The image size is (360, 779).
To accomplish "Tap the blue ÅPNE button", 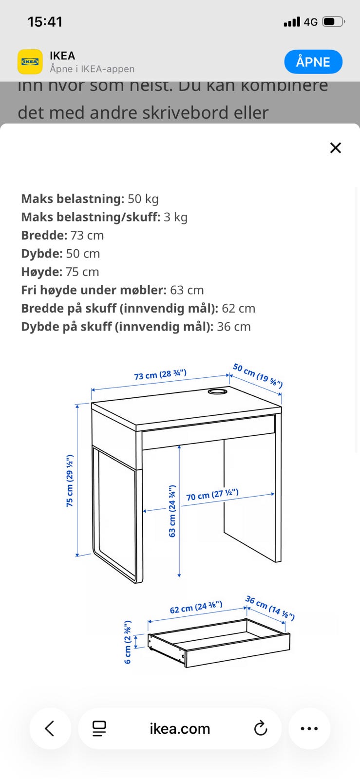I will pyautogui.click(x=313, y=62).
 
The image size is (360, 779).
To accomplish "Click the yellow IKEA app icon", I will pyautogui.click(x=30, y=62).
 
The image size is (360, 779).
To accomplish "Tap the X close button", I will pyautogui.click(x=336, y=148).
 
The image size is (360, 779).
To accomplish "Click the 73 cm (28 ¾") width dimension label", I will pyautogui.click(x=160, y=374).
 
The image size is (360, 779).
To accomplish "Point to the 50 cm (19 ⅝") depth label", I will pyautogui.click(x=258, y=375).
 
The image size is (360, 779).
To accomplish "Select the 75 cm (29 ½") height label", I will pyautogui.click(x=70, y=481).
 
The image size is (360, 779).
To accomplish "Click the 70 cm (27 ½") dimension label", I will pyautogui.click(x=212, y=495).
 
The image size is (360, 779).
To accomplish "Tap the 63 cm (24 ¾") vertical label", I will pyautogui.click(x=172, y=511).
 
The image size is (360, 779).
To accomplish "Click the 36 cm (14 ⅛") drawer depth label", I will pyautogui.click(x=270, y=608).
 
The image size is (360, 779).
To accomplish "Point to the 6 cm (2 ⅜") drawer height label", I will pyautogui.click(x=128, y=642).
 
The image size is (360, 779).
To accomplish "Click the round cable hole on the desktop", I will pyautogui.click(x=217, y=391).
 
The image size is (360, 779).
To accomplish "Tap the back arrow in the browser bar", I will pyautogui.click(x=50, y=728).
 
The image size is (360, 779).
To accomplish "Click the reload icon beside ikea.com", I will pyautogui.click(x=261, y=728).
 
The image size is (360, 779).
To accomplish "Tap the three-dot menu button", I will pyautogui.click(x=309, y=728).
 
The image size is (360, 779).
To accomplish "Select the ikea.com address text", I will pyautogui.click(x=180, y=728).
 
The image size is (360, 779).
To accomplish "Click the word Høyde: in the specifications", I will pyautogui.click(x=42, y=272).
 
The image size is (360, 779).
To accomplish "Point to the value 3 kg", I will pyautogui.click(x=175, y=217).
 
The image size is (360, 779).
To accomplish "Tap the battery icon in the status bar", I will pyautogui.click(x=334, y=22).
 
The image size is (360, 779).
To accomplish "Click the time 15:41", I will pyautogui.click(x=45, y=22).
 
